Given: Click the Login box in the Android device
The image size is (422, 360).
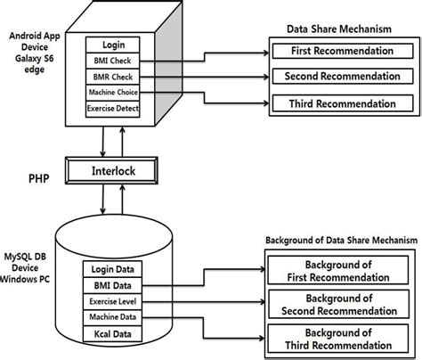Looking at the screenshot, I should click(113, 45).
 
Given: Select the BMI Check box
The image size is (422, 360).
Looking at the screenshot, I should click(113, 61).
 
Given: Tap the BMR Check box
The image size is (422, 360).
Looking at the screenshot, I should click(113, 78).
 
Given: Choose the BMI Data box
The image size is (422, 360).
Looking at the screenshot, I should click(113, 286).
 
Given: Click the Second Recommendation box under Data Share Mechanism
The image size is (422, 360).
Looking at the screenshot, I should click(342, 78).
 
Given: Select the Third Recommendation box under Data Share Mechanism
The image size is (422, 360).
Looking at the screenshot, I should click(342, 104).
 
